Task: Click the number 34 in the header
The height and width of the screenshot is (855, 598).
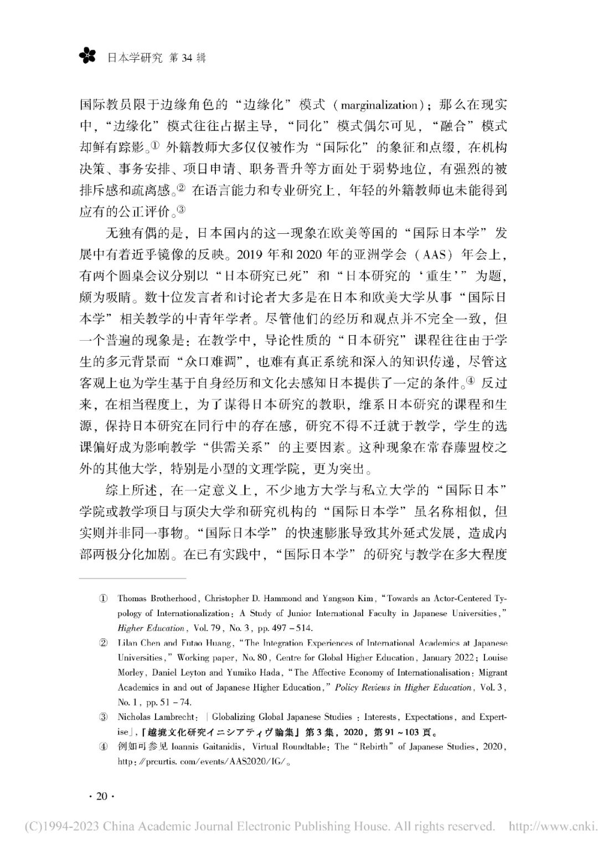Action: tap(185, 58)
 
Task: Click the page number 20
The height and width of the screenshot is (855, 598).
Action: tap(100, 796)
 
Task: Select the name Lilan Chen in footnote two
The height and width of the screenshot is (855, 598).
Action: tap(138, 643)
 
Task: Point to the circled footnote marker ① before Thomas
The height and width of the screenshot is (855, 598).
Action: tap(104, 598)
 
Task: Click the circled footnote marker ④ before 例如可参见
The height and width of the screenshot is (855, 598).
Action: tap(104, 746)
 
